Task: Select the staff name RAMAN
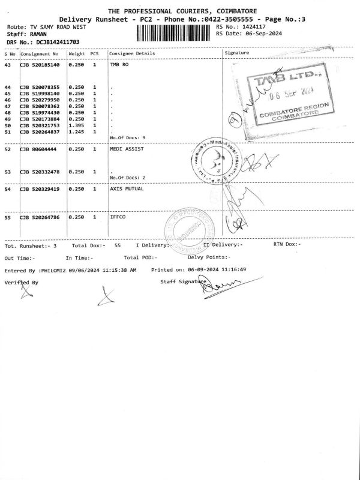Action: tap(38, 35)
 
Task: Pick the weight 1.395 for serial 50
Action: tap(76, 125)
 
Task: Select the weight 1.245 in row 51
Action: tap(76, 132)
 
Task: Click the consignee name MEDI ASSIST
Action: tap(127, 149)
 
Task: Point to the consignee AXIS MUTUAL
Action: tap(127, 189)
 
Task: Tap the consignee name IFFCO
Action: tap(118, 217)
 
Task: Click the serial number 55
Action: tap(8, 217)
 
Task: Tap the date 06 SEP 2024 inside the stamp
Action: tap(292, 92)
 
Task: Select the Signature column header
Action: tap(236, 53)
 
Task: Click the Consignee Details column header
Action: tap(132, 53)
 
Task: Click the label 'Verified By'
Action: tap(21, 281)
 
